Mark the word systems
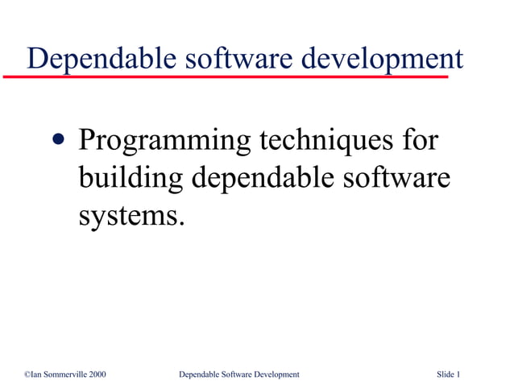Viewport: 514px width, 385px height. click(126, 215)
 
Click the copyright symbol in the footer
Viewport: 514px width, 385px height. click(27, 375)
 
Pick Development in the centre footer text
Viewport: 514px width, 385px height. click(278, 375)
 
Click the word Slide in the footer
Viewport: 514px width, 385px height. click(446, 375)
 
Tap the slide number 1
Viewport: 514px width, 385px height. click(458, 375)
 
